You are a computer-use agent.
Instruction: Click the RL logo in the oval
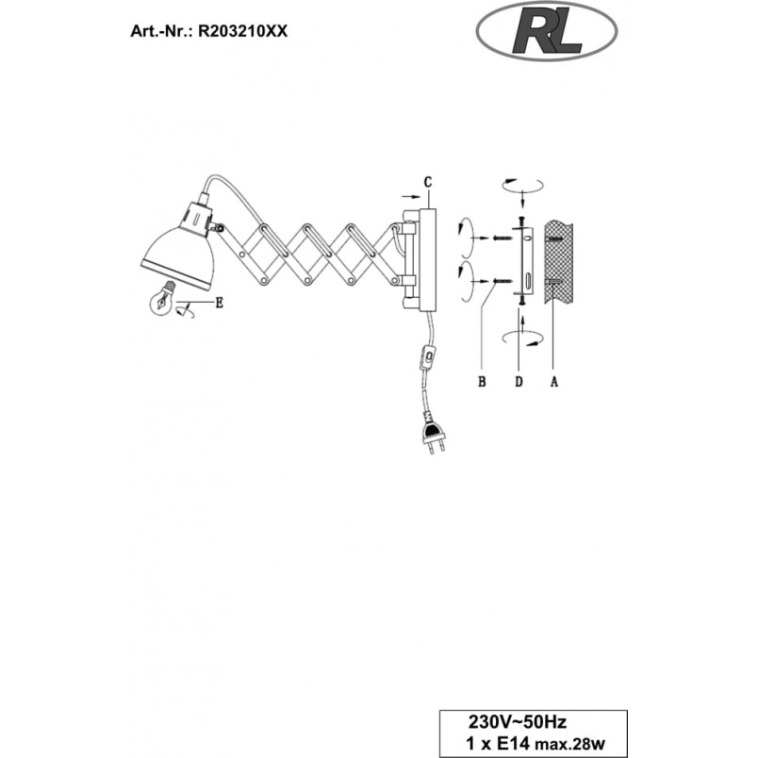(547, 31)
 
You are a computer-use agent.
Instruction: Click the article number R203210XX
(243, 31)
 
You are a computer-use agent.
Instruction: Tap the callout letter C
(428, 182)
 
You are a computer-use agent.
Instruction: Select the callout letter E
(220, 304)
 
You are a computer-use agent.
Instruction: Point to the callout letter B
(482, 382)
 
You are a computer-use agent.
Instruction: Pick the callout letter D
(519, 382)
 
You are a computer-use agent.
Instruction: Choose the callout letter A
(554, 382)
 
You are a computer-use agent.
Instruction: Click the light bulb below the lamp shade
(162, 298)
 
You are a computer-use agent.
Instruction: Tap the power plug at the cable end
(434, 434)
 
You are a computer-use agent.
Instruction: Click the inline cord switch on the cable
(427, 357)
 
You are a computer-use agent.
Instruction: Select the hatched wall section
(558, 261)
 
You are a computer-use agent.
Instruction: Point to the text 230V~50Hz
(517, 722)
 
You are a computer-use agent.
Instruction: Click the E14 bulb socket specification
(498, 743)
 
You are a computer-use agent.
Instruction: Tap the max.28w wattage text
(569, 744)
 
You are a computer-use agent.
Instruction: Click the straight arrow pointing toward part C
(411, 197)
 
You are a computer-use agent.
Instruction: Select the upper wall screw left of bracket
(502, 239)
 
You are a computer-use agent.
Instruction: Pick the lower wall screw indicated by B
(502, 281)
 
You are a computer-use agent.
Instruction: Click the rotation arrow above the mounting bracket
(522, 186)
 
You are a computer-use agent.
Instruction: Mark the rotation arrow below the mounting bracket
(522, 338)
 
